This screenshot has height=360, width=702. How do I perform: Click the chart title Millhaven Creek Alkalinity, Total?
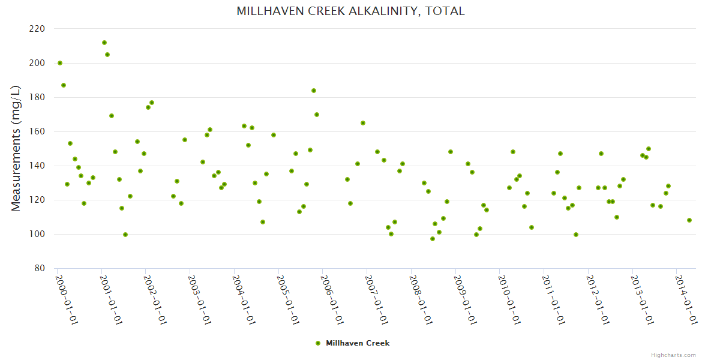(350, 11)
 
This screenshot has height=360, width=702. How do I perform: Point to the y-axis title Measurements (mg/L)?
(16, 148)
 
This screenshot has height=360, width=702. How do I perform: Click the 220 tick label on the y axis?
(37, 29)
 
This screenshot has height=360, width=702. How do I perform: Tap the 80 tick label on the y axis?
(39, 268)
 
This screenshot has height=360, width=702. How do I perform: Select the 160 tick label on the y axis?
(37, 131)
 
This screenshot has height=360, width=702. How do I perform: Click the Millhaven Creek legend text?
(358, 343)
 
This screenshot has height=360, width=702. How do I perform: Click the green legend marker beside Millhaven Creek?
(318, 343)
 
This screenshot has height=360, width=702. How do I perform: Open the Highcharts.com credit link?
(673, 355)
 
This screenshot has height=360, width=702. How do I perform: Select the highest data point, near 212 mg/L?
(104, 43)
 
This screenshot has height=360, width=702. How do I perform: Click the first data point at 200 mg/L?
(60, 63)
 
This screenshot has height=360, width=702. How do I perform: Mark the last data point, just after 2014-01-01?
(689, 220)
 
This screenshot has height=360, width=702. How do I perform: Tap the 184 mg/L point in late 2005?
(314, 91)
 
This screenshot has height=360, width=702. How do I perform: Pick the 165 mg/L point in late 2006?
(363, 123)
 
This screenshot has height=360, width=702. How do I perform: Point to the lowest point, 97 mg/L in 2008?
(433, 239)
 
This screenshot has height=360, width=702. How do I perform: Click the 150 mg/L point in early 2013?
(649, 149)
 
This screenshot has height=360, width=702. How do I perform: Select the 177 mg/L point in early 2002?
(152, 103)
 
